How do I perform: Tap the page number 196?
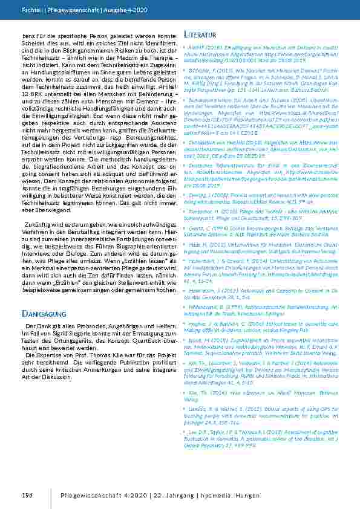[26, 496]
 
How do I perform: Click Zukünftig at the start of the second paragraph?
[39, 224]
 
